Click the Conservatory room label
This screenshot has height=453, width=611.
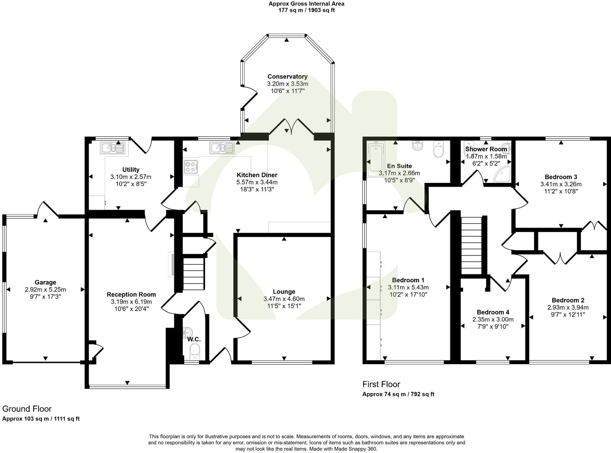(287, 77)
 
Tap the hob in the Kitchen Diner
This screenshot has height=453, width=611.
(191, 167)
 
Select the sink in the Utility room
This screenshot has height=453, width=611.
(113, 148)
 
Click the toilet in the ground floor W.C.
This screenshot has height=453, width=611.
(195, 351)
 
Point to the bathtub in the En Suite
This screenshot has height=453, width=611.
(376, 158)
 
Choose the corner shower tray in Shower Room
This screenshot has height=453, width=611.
(502, 174)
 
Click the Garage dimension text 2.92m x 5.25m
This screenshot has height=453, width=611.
(45, 289)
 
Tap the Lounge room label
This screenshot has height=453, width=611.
(284, 292)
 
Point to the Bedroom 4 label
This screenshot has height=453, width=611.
(493, 312)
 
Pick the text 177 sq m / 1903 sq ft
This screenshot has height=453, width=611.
(306, 10)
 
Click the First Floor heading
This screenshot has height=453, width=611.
(381, 384)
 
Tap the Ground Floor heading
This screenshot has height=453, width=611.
(27, 409)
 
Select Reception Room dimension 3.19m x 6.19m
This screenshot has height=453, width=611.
(131, 302)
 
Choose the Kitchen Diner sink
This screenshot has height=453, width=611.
(222, 148)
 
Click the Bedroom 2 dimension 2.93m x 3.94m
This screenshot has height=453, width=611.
(568, 307)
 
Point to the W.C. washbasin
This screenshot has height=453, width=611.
(188, 332)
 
